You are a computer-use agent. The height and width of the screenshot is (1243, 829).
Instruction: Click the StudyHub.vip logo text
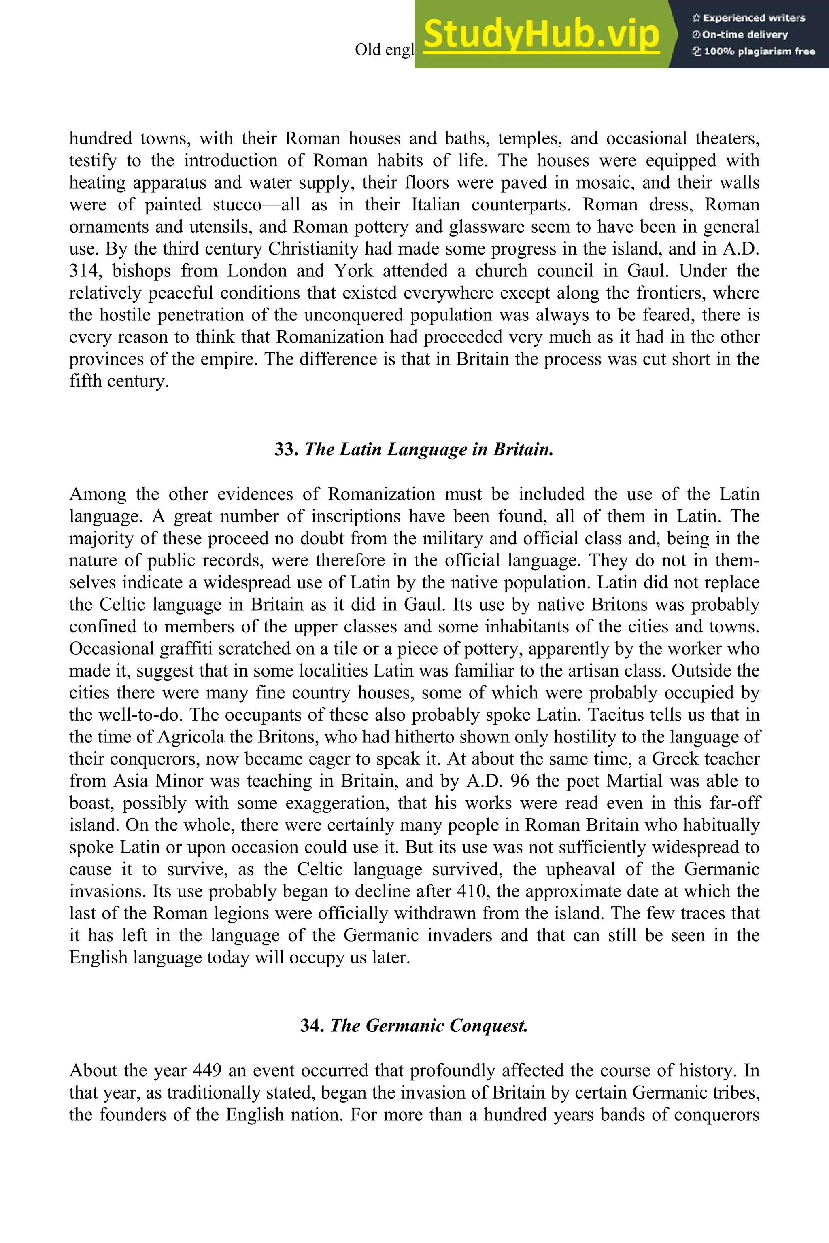point(541,35)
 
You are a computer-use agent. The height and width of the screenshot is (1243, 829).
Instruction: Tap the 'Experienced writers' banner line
point(748,18)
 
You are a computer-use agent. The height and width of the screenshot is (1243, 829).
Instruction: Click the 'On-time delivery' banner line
point(740,35)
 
